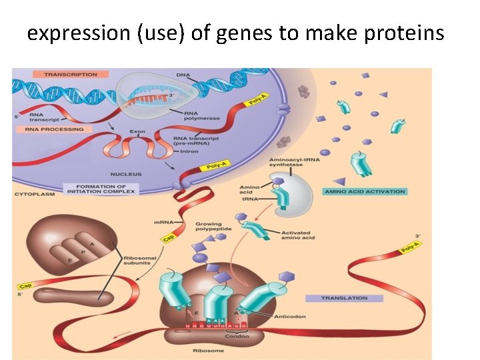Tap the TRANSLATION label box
(x=344, y=298)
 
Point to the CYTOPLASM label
(x=33, y=194)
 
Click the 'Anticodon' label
(x=289, y=316)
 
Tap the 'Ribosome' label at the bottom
(x=203, y=350)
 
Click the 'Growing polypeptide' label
(x=212, y=227)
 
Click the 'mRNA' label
(x=163, y=221)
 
